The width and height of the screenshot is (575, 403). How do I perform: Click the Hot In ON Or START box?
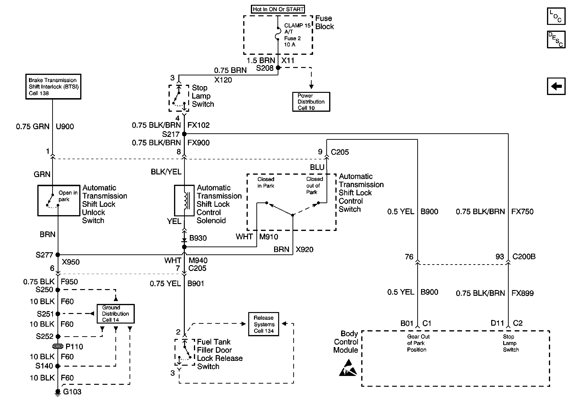[278, 9]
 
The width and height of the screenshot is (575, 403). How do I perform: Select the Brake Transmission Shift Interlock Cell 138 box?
[53, 87]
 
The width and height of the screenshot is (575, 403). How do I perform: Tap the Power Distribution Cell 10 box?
[311, 102]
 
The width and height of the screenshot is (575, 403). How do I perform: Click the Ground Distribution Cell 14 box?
[115, 314]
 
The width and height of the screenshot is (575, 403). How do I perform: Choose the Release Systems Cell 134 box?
[264, 324]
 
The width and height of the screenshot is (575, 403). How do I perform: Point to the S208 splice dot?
[278, 67]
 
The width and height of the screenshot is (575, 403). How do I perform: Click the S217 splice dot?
[184, 134]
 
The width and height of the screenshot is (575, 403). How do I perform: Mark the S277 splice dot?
[58, 255]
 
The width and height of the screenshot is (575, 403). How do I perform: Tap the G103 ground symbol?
[58, 392]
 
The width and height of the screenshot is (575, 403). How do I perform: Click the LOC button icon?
[556, 16]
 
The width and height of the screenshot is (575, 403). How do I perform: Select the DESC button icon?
[556, 39]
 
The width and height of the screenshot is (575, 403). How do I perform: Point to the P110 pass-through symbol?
[58, 347]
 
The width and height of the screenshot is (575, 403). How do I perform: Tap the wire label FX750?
[522, 212]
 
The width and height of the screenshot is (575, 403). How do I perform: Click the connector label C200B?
[524, 257]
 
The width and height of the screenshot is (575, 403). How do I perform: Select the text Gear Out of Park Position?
[418, 343]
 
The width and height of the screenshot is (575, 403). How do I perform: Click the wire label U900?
[65, 127]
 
